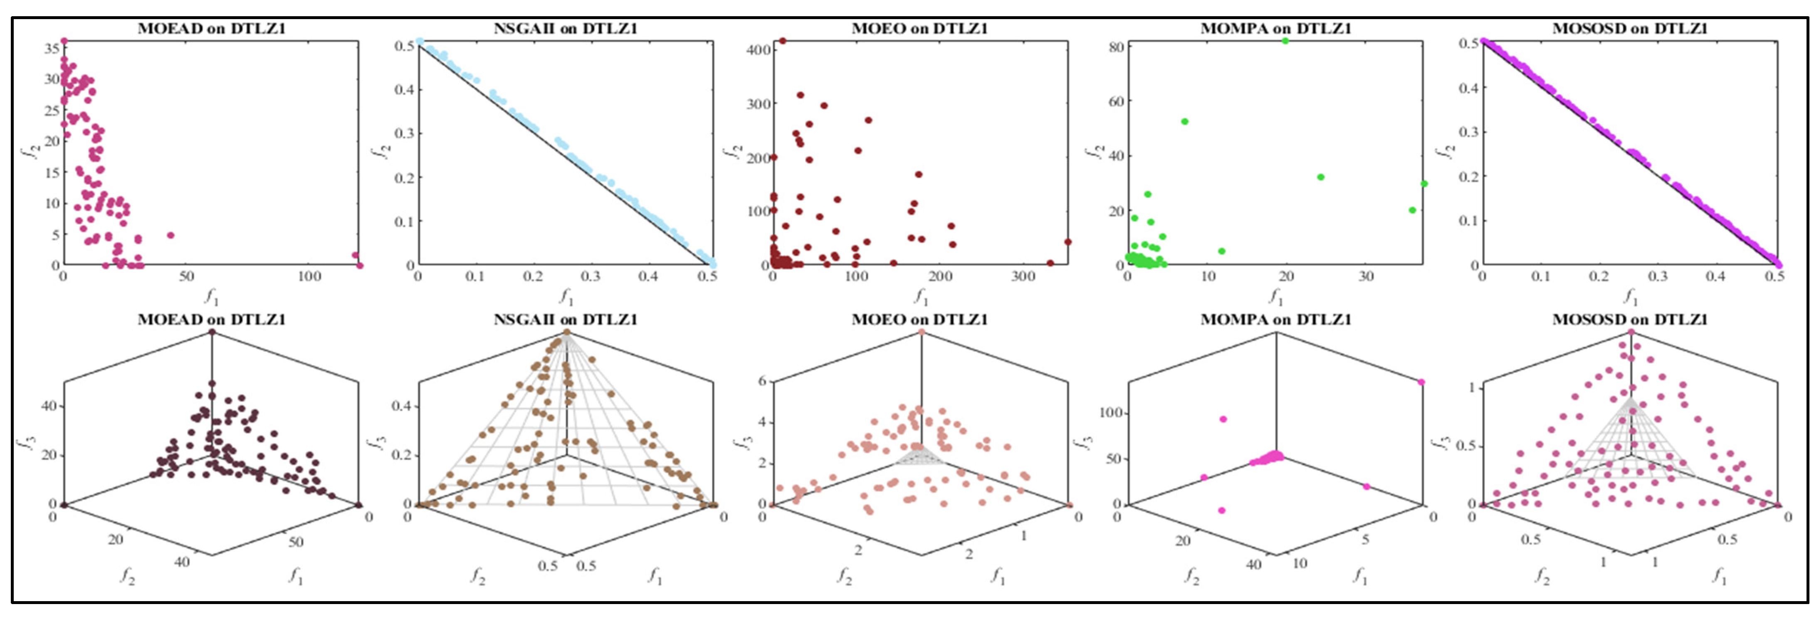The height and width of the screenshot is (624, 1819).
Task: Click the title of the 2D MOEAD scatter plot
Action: (211, 28)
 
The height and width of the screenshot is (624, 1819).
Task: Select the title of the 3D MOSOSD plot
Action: (1629, 319)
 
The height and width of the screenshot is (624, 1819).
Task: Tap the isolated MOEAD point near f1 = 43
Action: (170, 235)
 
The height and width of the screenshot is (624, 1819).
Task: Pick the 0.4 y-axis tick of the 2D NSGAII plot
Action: (405, 90)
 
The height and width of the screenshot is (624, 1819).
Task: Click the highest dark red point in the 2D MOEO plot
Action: (782, 41)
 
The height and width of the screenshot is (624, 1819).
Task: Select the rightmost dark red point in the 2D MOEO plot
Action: (1068, 242)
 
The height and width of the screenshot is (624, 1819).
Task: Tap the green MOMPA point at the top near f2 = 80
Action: (1285, 41)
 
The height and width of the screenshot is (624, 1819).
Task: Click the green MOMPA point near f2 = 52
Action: (1185, 121)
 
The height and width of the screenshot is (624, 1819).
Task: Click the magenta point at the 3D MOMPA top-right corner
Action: (1421, 382)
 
